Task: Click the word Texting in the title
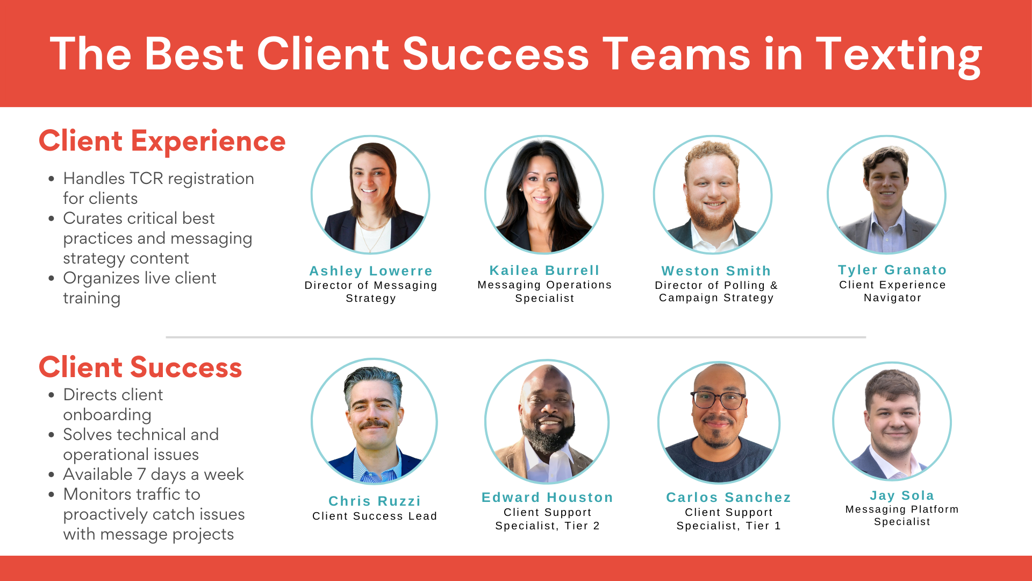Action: click(x=899, y=55)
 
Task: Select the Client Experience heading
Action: click(x=162, y=141)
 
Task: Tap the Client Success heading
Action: click(x=140, y=368)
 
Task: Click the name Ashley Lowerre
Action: click(x=371, y=271)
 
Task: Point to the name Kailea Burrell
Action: click(x=544, y=271)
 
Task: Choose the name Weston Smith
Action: click(x=716, y=271)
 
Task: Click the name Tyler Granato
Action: click(x=892, y=270)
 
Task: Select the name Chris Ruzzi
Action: click(x=375, y=501)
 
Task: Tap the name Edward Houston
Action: click(x=547, y=498)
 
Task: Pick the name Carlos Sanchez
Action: click(x=728, y=498)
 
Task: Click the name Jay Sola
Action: click(x=902, y=495)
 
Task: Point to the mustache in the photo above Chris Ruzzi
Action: click(x=374, y=424)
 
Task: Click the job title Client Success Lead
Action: click(x=375, y=516)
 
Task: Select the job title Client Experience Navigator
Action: click(x=892, y=291)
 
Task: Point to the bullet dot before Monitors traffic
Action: click(x=51, y=495)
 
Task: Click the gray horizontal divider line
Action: click(x=516, y=337)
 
